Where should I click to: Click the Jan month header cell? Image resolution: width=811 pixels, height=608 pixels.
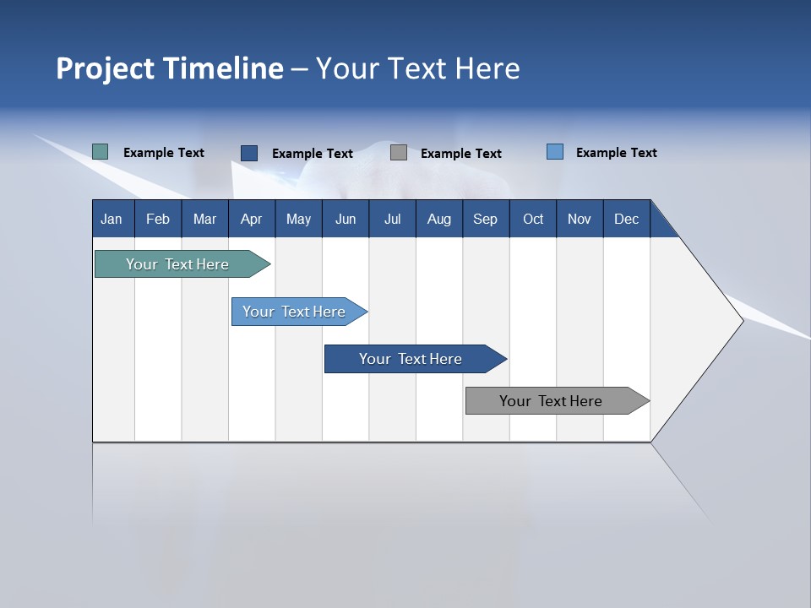pos(112,219)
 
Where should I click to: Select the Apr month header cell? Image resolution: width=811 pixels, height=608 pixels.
pos(251,219)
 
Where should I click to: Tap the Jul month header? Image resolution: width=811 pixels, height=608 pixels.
pos(392,219)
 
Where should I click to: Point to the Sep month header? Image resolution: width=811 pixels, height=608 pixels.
pos(485,219)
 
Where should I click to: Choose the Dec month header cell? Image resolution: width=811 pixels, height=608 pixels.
pos(626,219)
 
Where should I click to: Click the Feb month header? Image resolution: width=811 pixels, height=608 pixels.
pos(158,219)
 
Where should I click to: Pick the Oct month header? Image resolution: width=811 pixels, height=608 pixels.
pos(533,219)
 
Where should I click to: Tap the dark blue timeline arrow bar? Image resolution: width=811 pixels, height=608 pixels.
pos(411,359)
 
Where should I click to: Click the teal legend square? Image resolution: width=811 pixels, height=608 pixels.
pos(100,152)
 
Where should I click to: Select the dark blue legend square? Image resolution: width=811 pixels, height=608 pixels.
pos(249,153)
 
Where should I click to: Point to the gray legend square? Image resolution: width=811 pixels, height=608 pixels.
pos(399,153)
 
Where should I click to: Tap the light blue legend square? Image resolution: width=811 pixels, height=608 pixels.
pos(555,152)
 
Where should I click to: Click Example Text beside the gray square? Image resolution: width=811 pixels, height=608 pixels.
pos(460,154)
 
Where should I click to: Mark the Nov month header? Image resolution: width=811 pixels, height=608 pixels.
pos(580,219)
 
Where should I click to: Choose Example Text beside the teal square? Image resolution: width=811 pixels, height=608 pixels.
pos(164,153)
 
